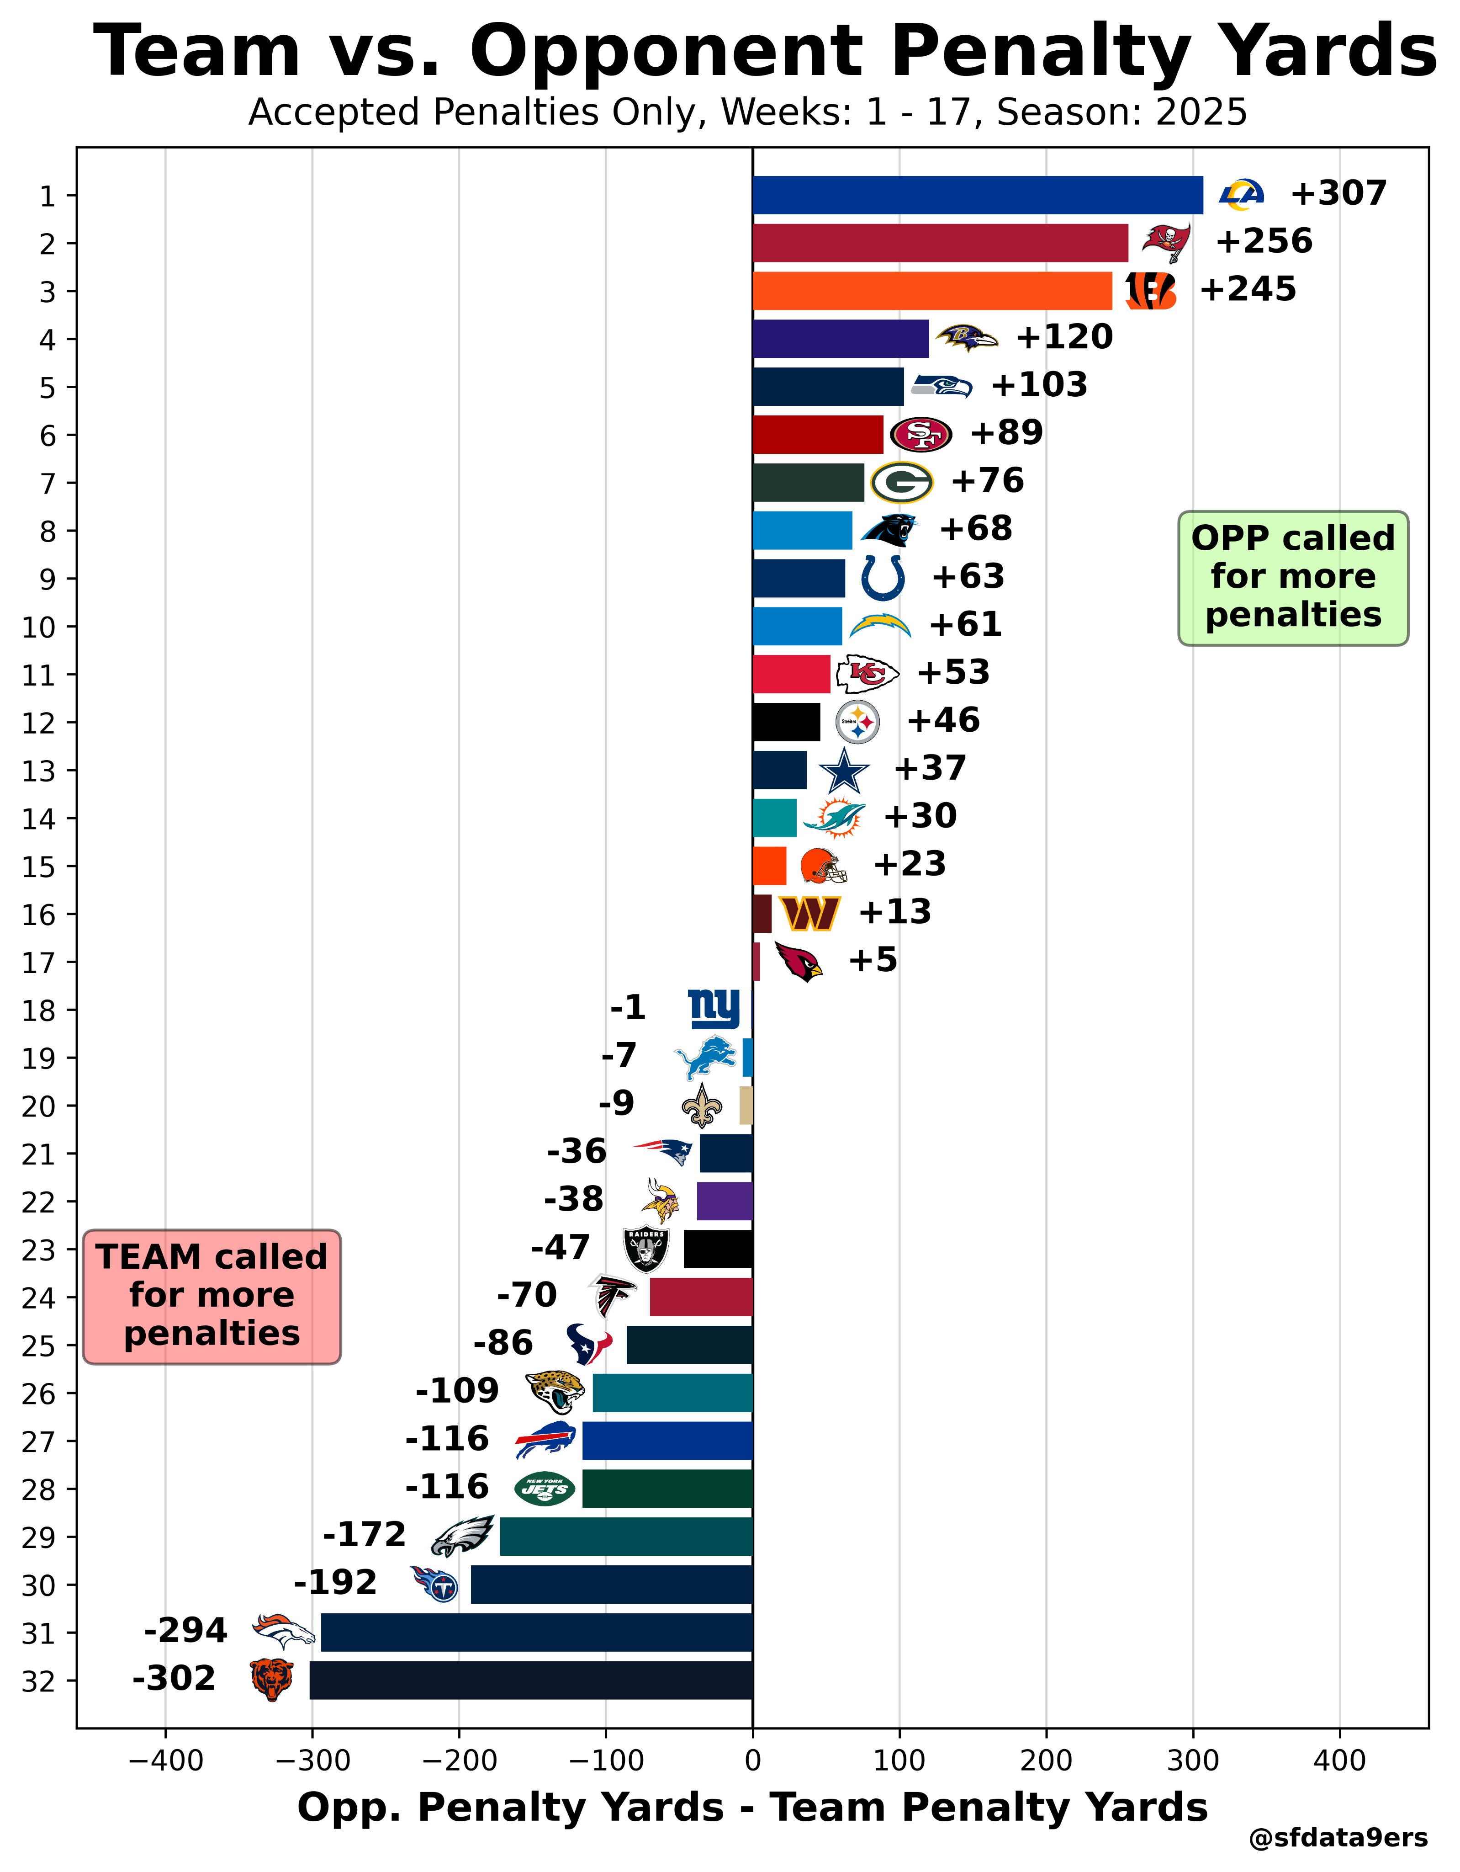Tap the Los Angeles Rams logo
click(1242, 195)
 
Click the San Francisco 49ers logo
click(921, 435)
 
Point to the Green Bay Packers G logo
click(901, 483)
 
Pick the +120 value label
click(1064, 337)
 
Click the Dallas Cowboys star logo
click(844, 771)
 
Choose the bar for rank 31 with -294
click(536, 1632)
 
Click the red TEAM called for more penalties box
click(212, 1296)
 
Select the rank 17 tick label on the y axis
click(38, 963)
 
